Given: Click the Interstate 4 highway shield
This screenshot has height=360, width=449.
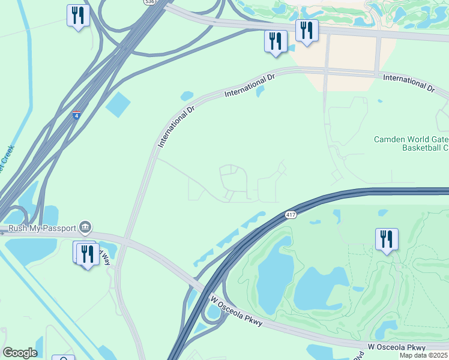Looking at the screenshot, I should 76,115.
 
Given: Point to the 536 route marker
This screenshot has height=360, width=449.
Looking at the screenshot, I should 149,2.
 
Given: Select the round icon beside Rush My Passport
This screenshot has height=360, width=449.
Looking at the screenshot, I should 85,227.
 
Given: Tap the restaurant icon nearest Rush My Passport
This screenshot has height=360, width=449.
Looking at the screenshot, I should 88,254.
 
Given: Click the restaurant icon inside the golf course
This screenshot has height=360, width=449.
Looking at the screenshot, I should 385,239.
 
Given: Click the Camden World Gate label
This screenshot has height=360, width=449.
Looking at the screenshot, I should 411,139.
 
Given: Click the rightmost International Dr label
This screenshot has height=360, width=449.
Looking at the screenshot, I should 408,83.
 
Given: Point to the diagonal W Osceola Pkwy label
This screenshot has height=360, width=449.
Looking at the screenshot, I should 236,311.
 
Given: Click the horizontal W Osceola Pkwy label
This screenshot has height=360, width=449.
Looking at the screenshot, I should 397,347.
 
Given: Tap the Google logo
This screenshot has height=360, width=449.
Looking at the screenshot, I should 20,353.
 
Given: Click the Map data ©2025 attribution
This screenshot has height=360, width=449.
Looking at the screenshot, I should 424,355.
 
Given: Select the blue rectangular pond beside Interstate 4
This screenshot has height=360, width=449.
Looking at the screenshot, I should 118,105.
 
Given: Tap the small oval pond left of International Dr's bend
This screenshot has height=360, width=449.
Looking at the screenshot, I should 187,96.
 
